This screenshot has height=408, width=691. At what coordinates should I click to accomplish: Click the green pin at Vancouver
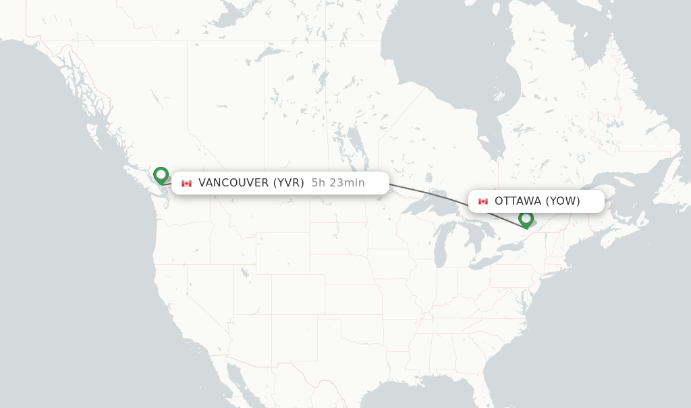161,175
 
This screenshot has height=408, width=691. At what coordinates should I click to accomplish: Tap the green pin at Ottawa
526,218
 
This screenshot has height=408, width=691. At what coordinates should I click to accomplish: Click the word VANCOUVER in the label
233,182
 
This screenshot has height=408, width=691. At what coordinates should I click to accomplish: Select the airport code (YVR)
288,182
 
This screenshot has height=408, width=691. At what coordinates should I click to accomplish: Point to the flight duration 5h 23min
338,182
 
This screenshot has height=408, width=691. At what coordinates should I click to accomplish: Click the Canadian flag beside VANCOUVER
186,183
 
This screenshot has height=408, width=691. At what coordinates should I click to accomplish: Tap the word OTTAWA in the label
518,201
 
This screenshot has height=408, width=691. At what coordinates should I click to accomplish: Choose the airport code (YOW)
562,201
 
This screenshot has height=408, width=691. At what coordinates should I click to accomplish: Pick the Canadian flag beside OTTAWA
483,201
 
